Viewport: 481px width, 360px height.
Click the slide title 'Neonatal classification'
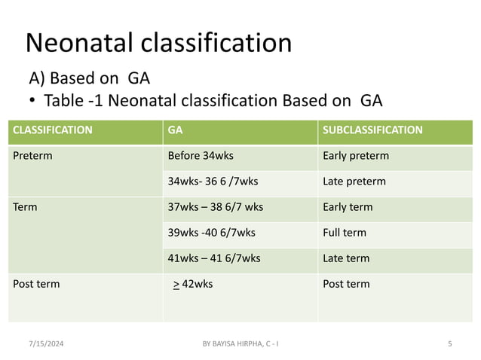click(x=158, y=43)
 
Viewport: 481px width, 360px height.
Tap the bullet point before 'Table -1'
click(x=33, y=101)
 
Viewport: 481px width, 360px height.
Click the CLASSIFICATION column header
click(x=53, y=130)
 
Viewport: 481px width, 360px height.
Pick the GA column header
click(x=175, y=130)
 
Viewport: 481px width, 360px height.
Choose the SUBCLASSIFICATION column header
click(x=372, y=130)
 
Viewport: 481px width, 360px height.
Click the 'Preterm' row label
click(x=32, y=157)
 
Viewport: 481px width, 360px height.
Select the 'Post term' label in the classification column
click(x=37, y=284)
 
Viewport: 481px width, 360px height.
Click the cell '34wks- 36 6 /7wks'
click(x=213, y=182)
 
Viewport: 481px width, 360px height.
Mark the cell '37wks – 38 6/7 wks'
click(x=216, y=207)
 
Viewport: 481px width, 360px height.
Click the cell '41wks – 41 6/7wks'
click(x=214, y=258)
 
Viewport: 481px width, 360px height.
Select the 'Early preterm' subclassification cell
click(x=355, y=157)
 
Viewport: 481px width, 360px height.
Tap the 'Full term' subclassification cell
click(x=344, y=233)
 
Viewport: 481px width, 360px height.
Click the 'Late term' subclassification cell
click(x=345, y=258)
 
